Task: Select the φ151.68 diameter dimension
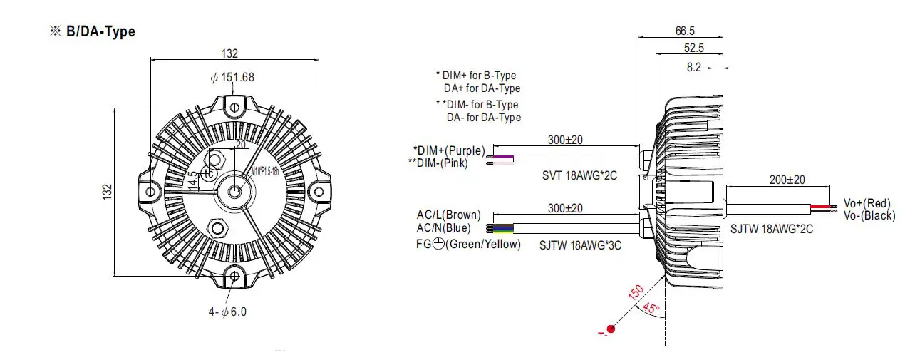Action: [232, 77]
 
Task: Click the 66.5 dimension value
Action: [684, 31]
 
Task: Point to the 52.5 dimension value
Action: [693, 48]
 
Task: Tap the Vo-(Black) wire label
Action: [869, 215]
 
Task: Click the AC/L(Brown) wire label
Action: [448, 215]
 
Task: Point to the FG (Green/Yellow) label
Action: [468, 244]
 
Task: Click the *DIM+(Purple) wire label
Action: [449, 150]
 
